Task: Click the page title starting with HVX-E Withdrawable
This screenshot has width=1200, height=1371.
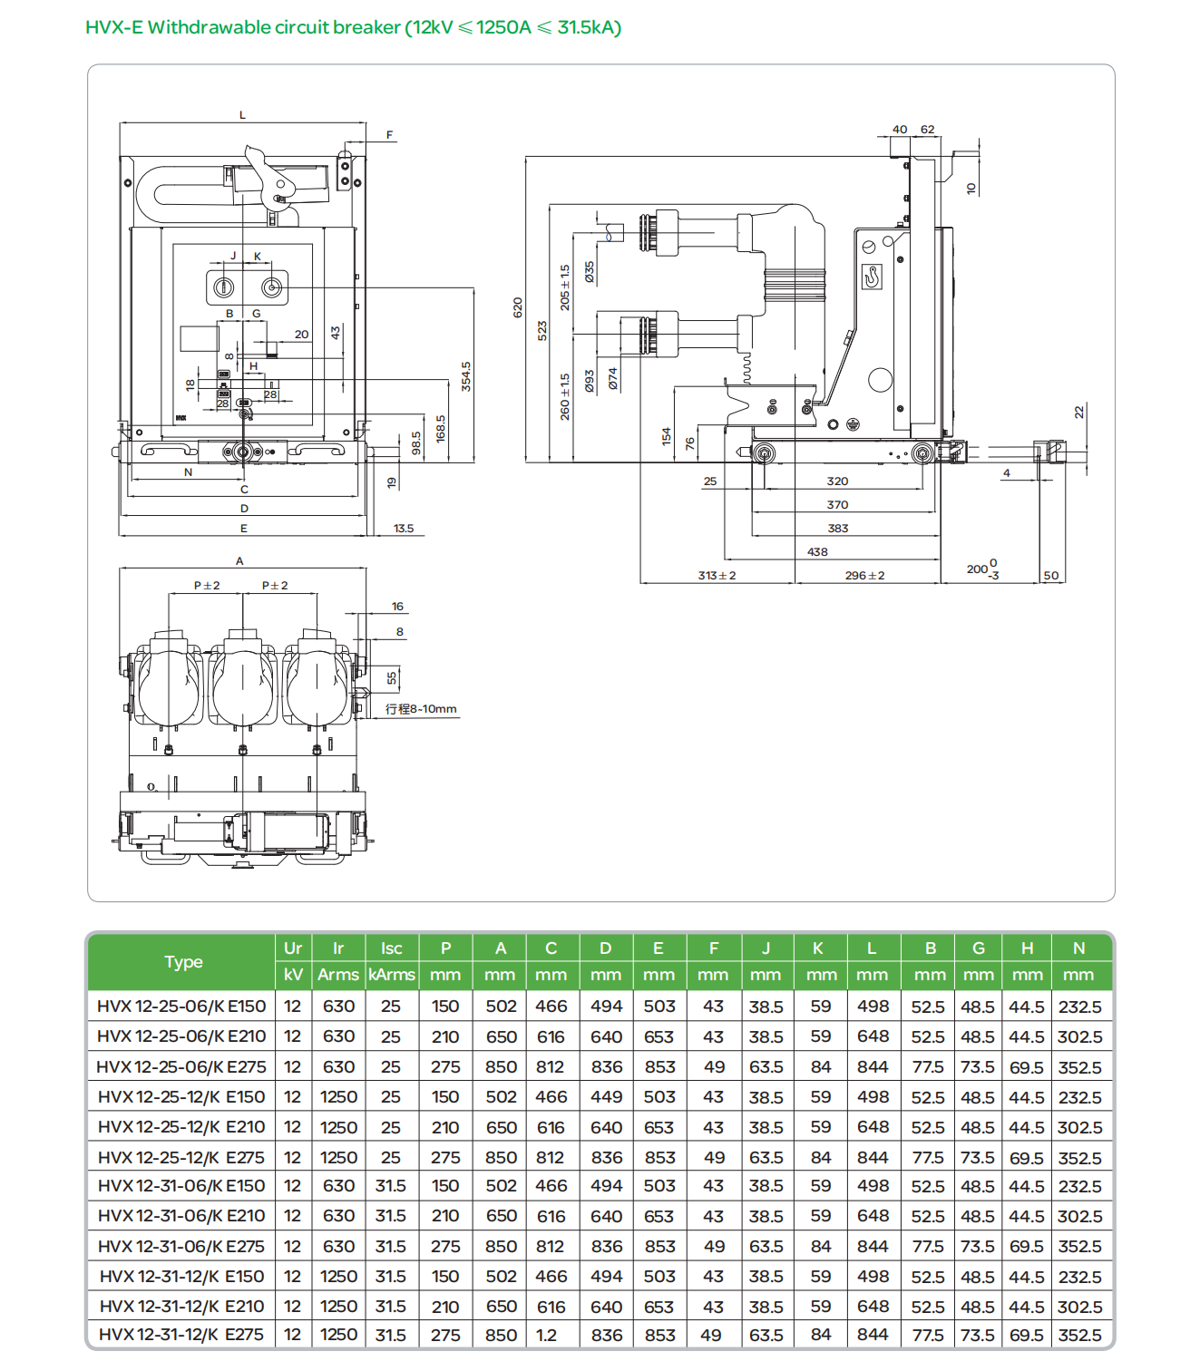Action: click(x=353, y=27)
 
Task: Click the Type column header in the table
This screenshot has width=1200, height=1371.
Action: click(x=183, y=962)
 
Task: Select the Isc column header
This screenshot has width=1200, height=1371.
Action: click(x=391, y=948)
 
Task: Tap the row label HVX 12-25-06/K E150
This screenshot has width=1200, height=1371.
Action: click(x=181, y=1006)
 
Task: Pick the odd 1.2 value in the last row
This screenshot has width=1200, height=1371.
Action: click(x=547, y=1336)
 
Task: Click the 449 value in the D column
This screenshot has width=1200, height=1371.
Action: click(x=606, y=1097)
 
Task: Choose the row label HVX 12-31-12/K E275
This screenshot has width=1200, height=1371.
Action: click(x=181, y=1336)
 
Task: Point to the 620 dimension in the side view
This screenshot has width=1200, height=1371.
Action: click(x=518, y=307)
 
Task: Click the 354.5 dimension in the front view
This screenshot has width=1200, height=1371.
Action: click(x=466, y=375)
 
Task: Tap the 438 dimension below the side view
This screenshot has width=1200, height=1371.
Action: click(x=817, y=551)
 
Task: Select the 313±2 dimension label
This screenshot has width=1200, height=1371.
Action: click(x=717, y=576)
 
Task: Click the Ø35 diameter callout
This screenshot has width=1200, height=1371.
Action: click(x=590, y=272)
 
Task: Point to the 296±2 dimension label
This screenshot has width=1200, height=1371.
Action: click(x=864, y=576)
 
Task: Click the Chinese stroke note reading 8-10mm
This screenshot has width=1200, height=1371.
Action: click(x=421, y=709)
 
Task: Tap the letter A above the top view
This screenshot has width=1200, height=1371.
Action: click(x=239, y=561)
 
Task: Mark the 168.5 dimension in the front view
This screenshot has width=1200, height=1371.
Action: click(x=441, y=429)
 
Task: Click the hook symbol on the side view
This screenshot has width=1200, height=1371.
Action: click(x=872, y=276)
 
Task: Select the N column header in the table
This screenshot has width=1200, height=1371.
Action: click(x=1078, y=948)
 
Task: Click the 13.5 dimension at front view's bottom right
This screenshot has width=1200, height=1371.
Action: click(x=404, y=529)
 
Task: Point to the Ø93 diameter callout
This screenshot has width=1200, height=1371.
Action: click(x=590, y=380)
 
